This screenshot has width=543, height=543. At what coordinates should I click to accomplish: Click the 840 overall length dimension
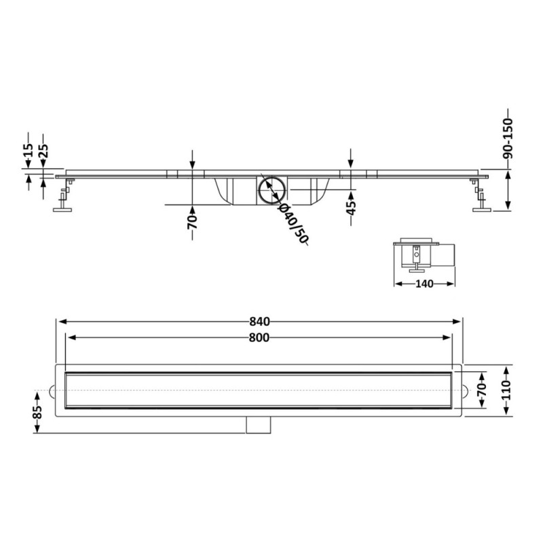[x=259, y=322]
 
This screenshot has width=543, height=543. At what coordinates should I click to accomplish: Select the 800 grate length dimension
[x=259, y=337]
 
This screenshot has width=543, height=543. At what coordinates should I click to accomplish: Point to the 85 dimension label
[x=37, y=412]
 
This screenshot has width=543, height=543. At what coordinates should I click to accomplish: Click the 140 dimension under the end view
[x=424, y=284]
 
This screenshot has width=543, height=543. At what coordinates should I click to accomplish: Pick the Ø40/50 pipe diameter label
[x=293, y=224]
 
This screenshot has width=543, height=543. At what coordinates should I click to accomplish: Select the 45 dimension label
[x=351, y=208]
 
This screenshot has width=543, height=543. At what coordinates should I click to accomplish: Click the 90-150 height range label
[x=508, y=138]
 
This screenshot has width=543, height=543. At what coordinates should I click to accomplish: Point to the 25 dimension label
[x=43, y=151]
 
